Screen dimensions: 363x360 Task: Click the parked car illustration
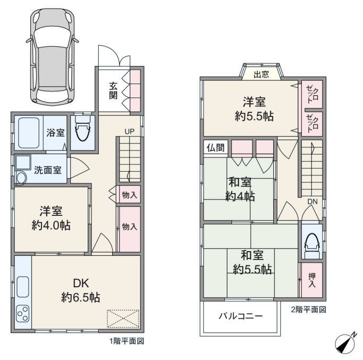(x=52, y=57)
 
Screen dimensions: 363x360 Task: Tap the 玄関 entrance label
(x=113, y=90)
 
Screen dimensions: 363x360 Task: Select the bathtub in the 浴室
(x=29, y=133)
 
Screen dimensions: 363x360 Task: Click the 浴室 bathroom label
(x=55, y=133)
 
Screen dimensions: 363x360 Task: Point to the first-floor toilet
(x=83, y=129)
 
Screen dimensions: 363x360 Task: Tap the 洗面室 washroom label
(x=48, y=170)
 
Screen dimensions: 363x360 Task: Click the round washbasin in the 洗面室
(x=21, y=178)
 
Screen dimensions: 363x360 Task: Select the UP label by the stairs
(x=129, y=131)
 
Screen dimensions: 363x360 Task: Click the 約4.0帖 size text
(x=51, y=225)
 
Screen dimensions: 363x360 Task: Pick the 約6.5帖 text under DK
(x=81, y=297)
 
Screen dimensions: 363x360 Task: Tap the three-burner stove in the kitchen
(x=23, y=314)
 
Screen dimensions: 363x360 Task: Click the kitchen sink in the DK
(x=23, y=287)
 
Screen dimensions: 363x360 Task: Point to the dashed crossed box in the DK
(x=123, y=319)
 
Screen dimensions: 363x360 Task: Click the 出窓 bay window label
(x=261, y=74)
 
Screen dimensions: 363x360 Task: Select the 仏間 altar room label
(x=215, y=147)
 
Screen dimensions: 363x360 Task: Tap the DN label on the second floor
(x=313, y=202)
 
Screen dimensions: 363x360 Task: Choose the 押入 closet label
(x=312, y=280)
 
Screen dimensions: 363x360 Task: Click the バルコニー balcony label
(x=241, y=316)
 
